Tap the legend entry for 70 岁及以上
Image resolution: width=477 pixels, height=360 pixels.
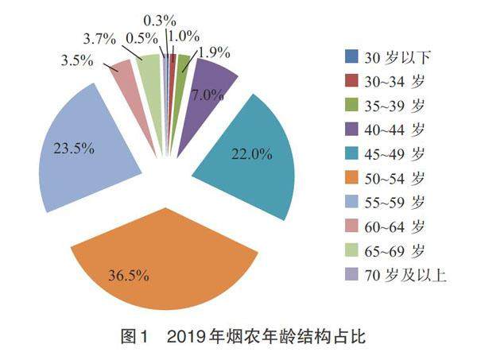pyautogui.click(x=394, y=276)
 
